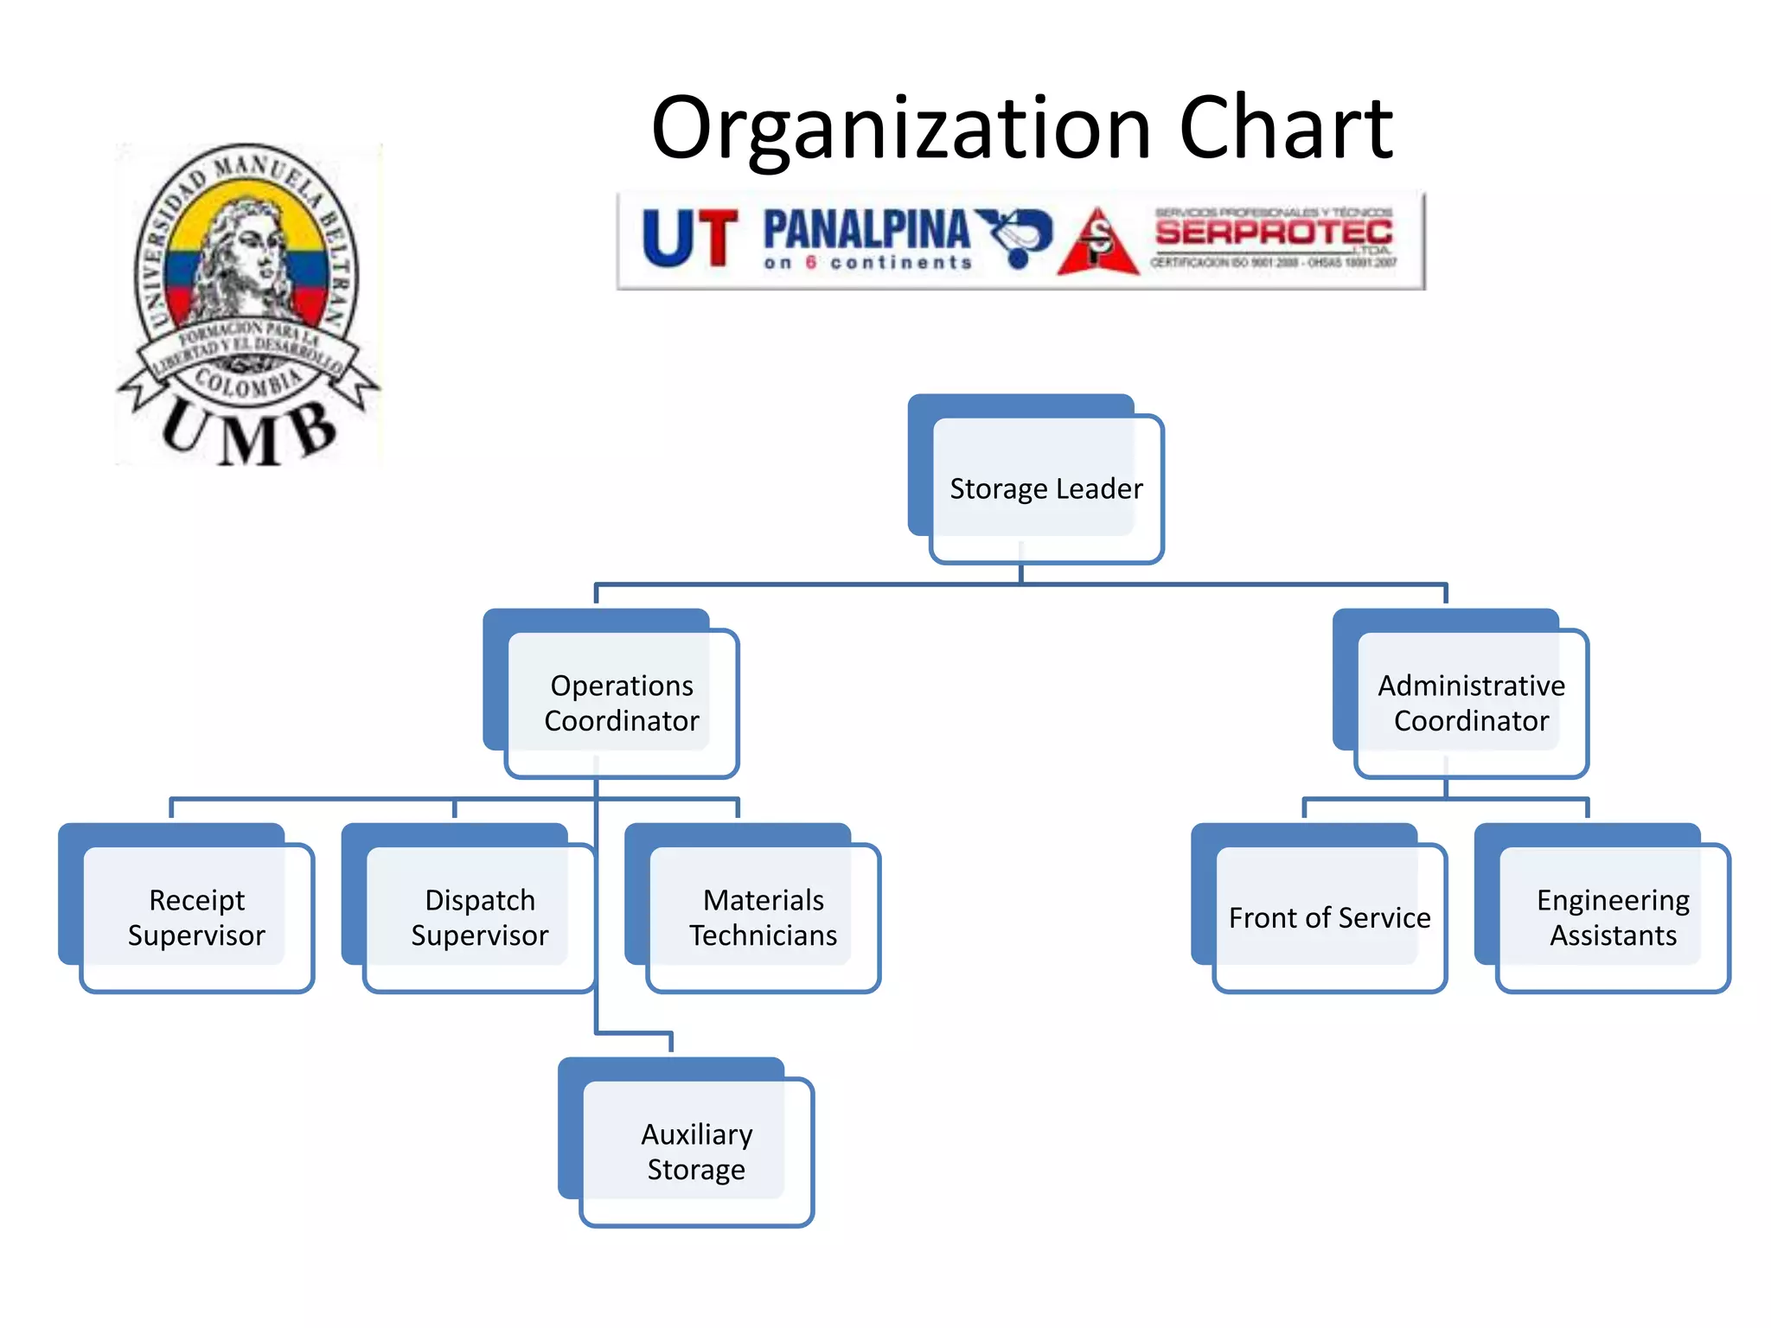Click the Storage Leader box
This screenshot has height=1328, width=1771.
1045,488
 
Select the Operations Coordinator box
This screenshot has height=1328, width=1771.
621,703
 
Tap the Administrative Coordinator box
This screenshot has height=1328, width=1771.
1471,703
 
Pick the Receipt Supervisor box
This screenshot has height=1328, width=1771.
196,917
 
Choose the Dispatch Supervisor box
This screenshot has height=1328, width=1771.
479,917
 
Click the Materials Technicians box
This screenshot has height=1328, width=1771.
763,917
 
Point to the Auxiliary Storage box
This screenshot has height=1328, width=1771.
696,1152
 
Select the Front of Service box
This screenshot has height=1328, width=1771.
1329,917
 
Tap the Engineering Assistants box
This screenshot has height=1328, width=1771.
1613,917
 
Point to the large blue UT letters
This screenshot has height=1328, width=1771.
689,238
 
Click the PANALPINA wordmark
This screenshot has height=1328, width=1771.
866,229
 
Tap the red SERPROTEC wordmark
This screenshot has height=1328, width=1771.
1274,232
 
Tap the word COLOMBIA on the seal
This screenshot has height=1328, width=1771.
248,381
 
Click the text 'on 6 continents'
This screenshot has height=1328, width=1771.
867,263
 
